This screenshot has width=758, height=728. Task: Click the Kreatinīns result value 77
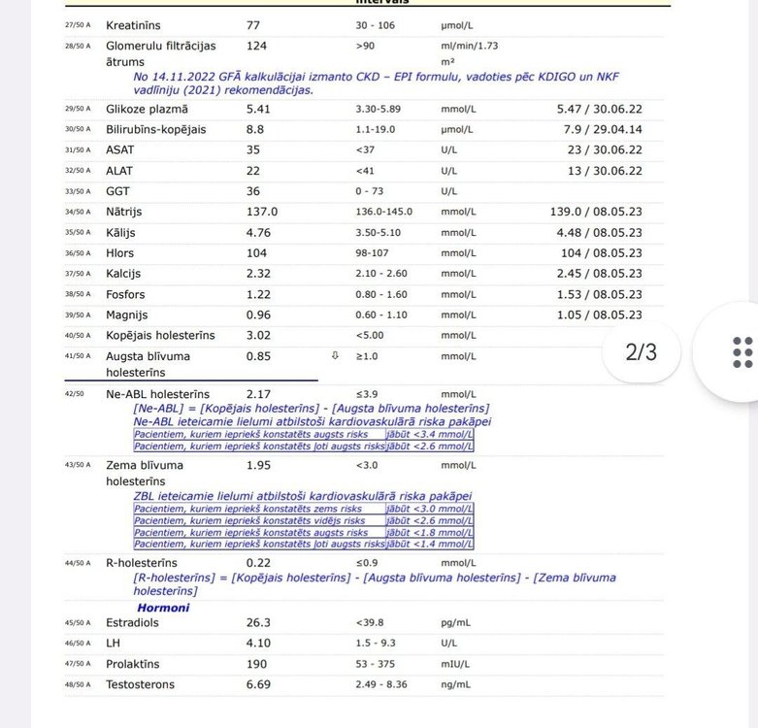(x=254, y=24)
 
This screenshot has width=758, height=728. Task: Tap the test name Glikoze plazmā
(x=148, y=108)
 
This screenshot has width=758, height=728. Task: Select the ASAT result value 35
(x=254, y=149)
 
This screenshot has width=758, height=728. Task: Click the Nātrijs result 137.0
(x=261, y=212)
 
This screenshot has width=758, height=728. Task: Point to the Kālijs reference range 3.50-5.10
(x=383, y=233)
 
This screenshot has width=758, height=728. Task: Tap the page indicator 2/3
(x=641, y=351)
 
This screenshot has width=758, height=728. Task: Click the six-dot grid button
(x=742, y=352)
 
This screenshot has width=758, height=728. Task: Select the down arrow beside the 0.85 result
(x=335, y=356)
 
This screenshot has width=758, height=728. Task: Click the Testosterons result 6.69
(x=257, y=684)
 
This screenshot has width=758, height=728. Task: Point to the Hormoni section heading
(x=163, y=608)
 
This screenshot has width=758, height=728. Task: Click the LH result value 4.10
(x=257, y=643)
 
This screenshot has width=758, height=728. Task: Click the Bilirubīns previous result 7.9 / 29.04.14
(x=599, y=129)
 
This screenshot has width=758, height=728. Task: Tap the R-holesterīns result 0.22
(x=257, y=562)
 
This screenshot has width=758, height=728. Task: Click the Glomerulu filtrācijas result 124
(x=256, y=45)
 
